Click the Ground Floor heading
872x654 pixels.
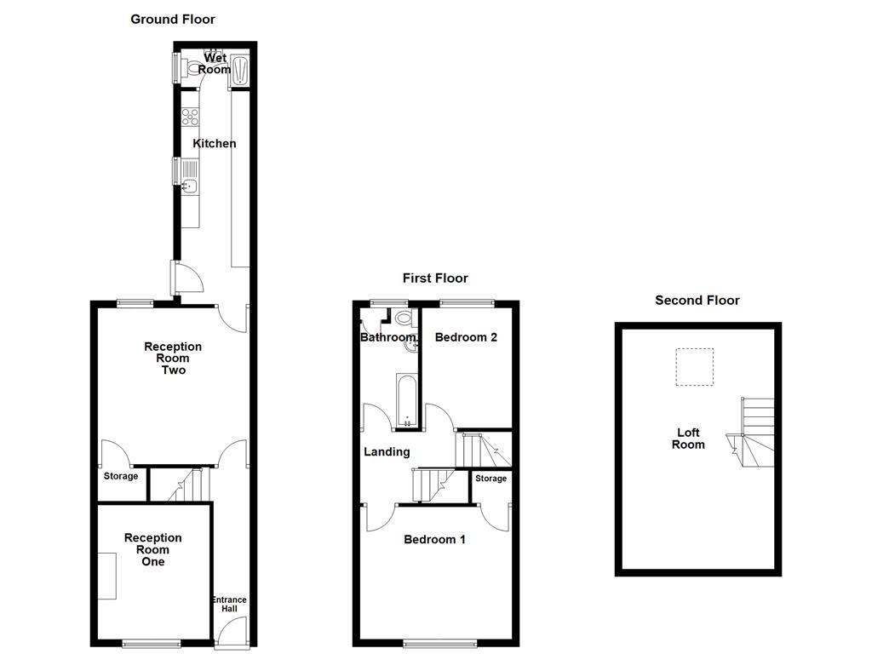[173, 19]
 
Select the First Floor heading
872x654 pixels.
[435, 278]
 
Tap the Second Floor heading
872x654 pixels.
[697, 300]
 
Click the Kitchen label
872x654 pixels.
[214, 143]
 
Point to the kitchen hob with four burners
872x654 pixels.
[190, 117]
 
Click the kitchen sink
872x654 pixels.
[189, 186]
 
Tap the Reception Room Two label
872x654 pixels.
[173, 359]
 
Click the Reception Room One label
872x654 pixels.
[153, 549]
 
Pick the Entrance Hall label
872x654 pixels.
[229, 604]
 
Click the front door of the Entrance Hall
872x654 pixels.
[231, 633]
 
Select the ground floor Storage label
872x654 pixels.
[121, 476]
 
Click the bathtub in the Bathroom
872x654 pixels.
[405, 399]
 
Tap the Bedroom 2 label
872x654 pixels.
[466, 337]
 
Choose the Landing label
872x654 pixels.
[387, 452]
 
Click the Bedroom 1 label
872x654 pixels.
[434, 539]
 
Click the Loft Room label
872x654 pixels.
[688, 438]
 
